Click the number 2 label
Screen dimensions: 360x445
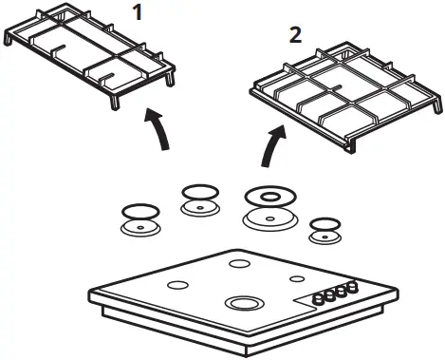coord(295,36)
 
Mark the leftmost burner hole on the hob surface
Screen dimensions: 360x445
coord(176,285)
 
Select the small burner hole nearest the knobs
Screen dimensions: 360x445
coord(298,278)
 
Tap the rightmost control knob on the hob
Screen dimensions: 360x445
coord(353,285)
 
